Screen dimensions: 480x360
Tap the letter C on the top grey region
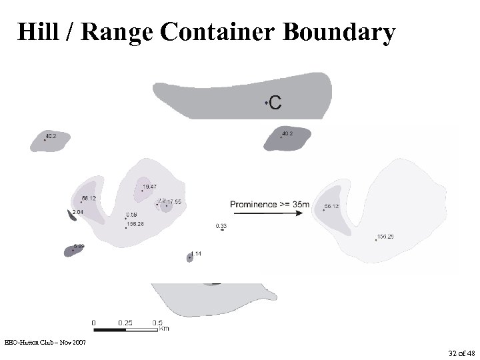click(x=274, y=102)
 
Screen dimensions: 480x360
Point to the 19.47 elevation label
click(x=150, y=187)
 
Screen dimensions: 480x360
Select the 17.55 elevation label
click(x=175, y=201)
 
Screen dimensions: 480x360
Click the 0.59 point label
click(x=131, y=215)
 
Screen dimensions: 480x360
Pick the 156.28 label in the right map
click(x=386, y=237)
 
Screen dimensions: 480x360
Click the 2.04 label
click(x=77, y=212)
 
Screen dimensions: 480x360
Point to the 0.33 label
click(x=221, y=226)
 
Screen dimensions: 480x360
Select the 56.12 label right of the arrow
click(x=331, y=207)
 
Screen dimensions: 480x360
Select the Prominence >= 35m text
click(x=270, y=204)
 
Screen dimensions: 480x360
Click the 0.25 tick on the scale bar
click(x=125, y=322)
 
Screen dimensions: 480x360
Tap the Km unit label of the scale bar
click(x=163, y=329)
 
